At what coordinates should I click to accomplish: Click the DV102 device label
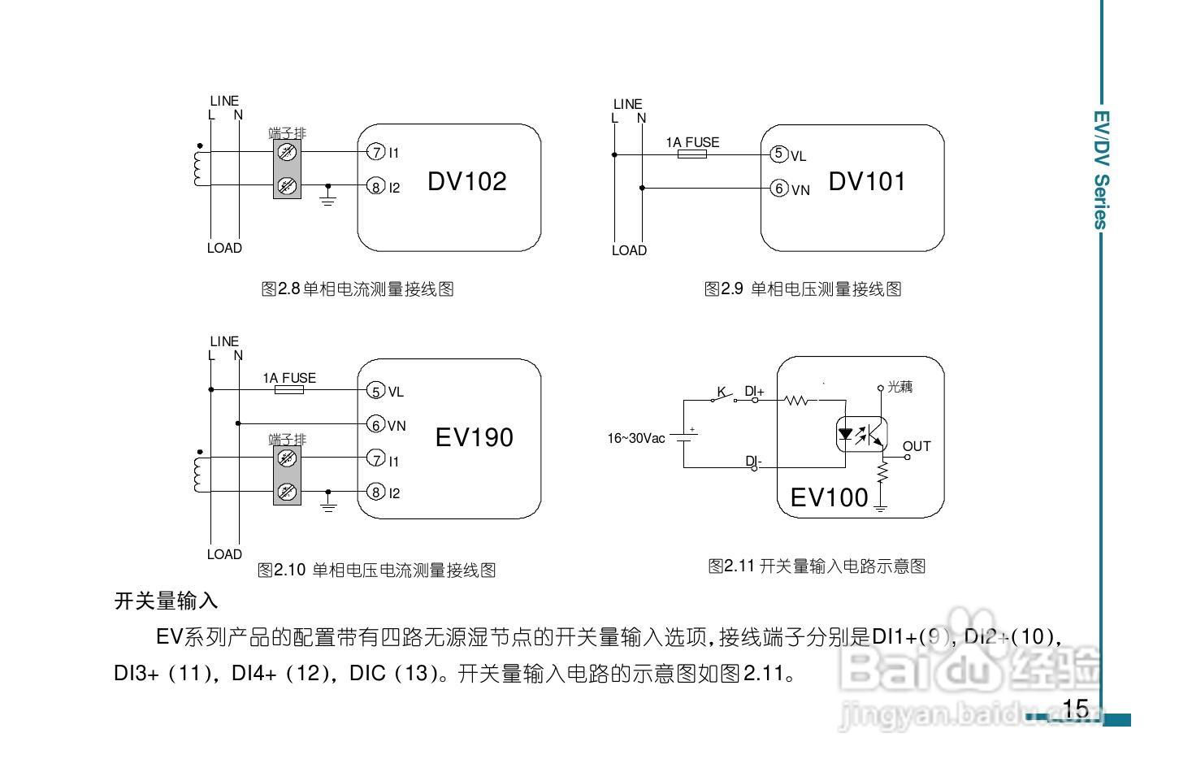(x=466, y=181)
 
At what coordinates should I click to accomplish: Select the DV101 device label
(x=866, y=181)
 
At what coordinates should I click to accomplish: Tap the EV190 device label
(x=474, y=437)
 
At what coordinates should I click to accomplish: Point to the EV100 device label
(x=829, y=497)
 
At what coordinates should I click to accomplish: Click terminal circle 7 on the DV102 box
(x=375, y=152)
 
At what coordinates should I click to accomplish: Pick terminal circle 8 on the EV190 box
(x=375, y=492)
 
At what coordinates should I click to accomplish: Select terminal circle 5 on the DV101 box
(x=778, y=154)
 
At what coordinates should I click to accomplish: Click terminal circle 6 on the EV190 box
(x=375, y=424)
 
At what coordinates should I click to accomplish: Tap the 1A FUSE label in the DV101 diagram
(x=692, y=142)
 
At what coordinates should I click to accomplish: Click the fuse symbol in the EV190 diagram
(x=289, y=390)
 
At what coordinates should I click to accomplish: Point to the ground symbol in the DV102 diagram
(x=328, y=197)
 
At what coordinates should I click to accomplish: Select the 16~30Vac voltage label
(x=635, y=438)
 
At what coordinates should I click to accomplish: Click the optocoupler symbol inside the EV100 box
(x=860, y=435)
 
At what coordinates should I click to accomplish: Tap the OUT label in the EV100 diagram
(x=916, y=446)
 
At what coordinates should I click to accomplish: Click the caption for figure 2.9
(x=802, y=289)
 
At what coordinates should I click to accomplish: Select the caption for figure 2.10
(x=376, y=570)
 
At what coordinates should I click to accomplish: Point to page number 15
(x=1074, y=709)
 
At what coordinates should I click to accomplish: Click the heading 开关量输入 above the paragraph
(x=167, y=601)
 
